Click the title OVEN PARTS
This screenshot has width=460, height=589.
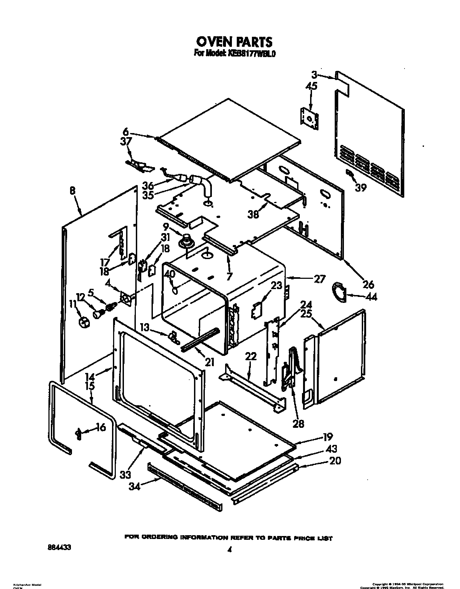(x=234, y=42)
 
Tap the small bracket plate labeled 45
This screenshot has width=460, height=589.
(x=309, y=118)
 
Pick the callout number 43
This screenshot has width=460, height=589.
(x=331, y=449)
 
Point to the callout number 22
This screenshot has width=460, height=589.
(x=251, y=356)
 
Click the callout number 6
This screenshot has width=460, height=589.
(x=126, y=132)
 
